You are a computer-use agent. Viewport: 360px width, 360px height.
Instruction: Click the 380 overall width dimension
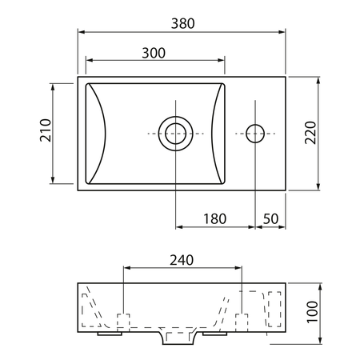(x=182, y=24)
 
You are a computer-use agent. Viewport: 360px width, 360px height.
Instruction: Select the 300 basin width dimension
(x=154, y=53)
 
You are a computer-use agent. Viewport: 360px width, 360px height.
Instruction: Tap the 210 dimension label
(x=46, y=130)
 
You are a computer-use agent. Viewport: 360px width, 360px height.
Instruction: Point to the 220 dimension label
(x=310, y=133)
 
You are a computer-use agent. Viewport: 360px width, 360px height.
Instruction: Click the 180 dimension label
(x=215, y=219)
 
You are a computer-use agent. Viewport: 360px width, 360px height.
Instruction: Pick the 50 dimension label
(x=270, y=219)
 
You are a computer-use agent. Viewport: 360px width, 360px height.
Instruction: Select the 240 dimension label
(x=182, y=260)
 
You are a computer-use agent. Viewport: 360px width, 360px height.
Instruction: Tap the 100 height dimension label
(x=312, y=312)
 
